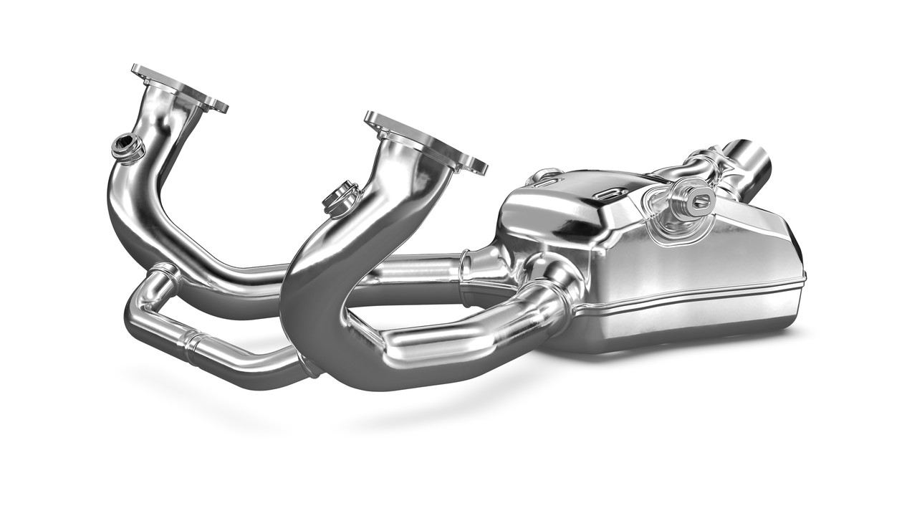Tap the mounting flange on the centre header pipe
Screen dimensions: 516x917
(x=424, y=142)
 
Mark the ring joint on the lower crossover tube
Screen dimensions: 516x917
(x=192, y=344)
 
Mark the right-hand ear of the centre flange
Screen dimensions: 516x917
(x=473, y=166)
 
